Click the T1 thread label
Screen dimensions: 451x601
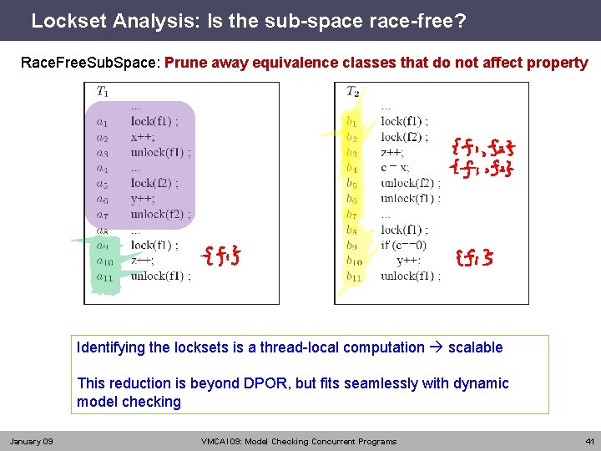click(102, 91)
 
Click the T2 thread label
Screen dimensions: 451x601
click(353, 91)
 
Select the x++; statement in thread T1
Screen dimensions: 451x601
click(143, 137)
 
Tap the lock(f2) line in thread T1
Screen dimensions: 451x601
click(154, 183)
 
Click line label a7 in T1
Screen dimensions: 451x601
click(102, 214)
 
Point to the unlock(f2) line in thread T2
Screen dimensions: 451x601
click(410, 183)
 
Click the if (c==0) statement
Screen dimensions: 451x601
click(404, 245)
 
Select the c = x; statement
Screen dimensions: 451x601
click(395, 167)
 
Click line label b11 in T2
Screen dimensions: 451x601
click(354, 276)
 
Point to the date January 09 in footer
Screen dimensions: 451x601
click(31, 441)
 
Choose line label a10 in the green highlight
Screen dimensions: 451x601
click(104, 261)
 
